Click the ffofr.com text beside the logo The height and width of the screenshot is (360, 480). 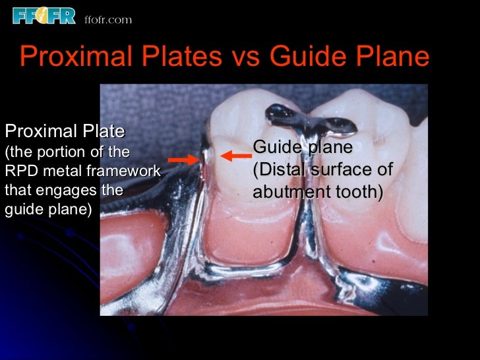click(x=108, y=20)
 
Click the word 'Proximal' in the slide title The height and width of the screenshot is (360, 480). click(x=73, y=57)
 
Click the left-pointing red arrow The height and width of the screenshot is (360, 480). click(x=236, y=156)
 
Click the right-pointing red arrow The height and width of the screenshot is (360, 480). click(x=183, y=159)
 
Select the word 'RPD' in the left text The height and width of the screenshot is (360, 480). click(x=18, y=171)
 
